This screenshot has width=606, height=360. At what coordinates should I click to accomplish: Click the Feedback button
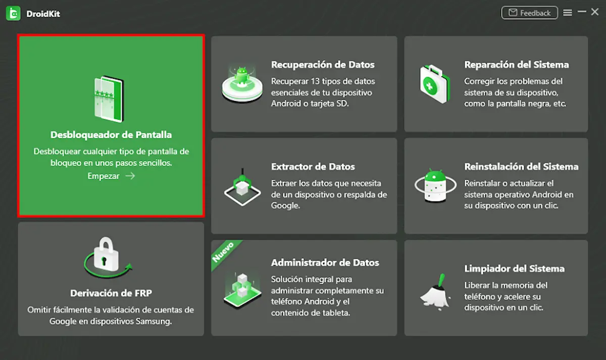pyautogui.click(x=529, y=13)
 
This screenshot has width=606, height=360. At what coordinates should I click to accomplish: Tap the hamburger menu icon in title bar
pyautogui.click(x=568, y=13)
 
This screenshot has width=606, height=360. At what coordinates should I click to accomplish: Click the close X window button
pyautogui.click(x=595, y=12)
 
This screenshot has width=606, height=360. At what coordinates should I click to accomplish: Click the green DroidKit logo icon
pyautogui.click(x=13, y=13)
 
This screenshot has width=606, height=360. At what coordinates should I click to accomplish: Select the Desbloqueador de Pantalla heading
pyautogui.click(x=111, y=135)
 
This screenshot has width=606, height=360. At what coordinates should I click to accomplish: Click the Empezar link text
pyautogui.click(x=104, y=176)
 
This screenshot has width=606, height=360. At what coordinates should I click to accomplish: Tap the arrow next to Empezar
pyautogui.click(x=130, y=176)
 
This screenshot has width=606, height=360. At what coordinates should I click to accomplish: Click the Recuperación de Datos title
pyautogui.click(x=323, y=65)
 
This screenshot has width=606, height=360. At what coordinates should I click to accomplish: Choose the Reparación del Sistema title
pyautogui.click(x=517, y=65)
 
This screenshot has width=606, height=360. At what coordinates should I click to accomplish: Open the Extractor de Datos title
pyautogui.click(x=313, y=167)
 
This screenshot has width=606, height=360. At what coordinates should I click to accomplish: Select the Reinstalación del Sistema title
pyautogui.click(x=521, y=167)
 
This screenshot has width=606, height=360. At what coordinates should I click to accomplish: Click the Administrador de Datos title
pyautogui.click(x=325, y=263)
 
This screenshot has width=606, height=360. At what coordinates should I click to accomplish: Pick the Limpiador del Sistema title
pyautogui.click(x=514, y=269)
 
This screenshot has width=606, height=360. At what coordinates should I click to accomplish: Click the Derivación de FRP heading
pyautogui.click(x=111, y=293)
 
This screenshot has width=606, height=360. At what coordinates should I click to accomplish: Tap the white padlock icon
pyautogui.click(x=106, y=254)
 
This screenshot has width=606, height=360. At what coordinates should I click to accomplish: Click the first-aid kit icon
pyautogui.click(x=434, y=84)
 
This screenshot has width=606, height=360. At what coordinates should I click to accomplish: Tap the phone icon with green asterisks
pyautogui.click(x=109, y=99)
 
